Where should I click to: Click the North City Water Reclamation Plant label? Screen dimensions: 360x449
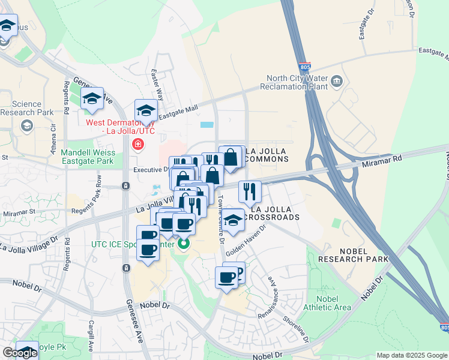tap(297, 82)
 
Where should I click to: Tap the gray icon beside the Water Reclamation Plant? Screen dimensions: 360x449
tap(336, 80)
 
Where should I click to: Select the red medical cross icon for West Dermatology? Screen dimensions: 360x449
tap(138, 144)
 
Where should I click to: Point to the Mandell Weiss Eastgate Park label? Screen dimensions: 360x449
tap(88, 157)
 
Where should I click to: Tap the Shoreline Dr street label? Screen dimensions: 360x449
tap(304, 328)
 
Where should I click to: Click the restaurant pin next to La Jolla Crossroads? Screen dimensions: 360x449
tap(250, 192)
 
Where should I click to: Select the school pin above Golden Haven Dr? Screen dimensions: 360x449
tap(234, 220)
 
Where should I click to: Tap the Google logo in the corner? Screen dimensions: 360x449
tap(19, 353)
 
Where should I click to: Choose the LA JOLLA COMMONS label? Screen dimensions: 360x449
tap(267, 155)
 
